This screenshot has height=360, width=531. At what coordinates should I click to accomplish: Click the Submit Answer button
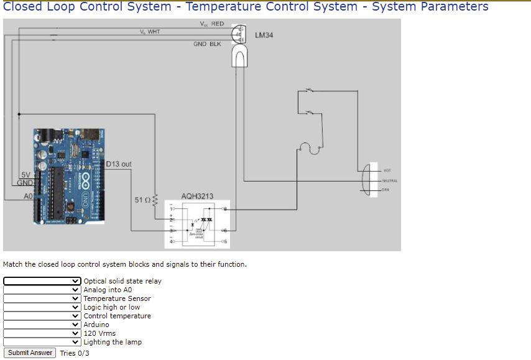pos(30,353)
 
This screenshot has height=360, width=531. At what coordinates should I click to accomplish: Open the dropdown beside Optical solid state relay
pos(42,281)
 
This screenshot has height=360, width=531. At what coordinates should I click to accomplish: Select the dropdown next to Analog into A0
pos(42,290)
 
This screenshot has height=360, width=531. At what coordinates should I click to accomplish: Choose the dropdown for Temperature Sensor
pos(42,298)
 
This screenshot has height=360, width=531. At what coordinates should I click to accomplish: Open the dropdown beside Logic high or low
pos(42,307)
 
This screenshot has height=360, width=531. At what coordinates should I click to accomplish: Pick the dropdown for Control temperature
pos(42,316)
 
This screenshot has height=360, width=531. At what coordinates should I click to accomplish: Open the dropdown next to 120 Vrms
pos(42,333)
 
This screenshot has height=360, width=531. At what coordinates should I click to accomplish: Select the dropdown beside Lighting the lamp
pos(42,342)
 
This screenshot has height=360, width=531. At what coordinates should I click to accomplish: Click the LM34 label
pos(264,35)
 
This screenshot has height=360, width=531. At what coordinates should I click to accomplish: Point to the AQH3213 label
pos(197,196)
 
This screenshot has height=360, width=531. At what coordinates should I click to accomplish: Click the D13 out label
pos(118,164)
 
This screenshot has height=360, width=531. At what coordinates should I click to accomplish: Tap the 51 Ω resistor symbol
pos(155,200)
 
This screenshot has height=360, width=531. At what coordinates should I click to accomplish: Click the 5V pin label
pos(25,175)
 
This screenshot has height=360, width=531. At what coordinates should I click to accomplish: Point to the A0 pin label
pos(28,196)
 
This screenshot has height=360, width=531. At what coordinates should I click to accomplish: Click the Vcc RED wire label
pos(211,24)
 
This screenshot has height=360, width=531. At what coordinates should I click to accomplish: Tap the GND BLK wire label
pos(207,44)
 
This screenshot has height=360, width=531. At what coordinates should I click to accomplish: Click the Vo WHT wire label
pos(149,32)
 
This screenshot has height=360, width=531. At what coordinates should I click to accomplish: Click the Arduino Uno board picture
pos(69,176)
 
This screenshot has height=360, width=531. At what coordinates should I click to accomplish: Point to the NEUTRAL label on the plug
pos(389,180)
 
